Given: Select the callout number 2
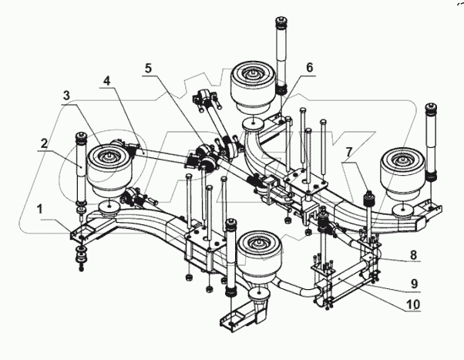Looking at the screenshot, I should [45, 143].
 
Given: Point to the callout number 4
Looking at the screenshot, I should [107, 79].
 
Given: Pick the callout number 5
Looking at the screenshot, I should [148, 68].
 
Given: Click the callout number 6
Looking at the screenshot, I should [309, 68].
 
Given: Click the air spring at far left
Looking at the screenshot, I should [109, 170].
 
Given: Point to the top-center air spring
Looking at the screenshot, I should [254, 89].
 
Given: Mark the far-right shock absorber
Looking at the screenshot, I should [432, 146].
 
